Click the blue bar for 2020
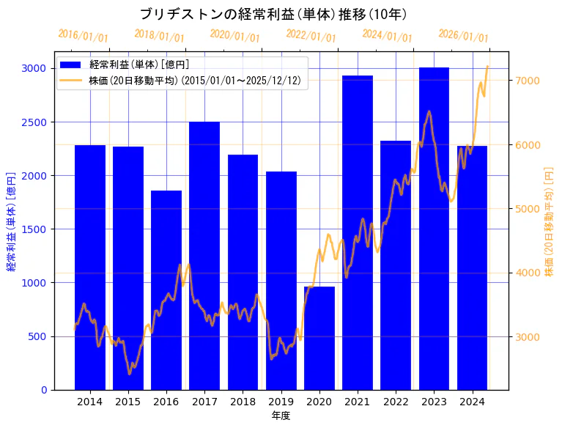click(319, 338)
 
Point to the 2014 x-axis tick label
click(90, 401)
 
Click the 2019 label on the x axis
click(281, 401)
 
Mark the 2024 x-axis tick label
click(472, 401)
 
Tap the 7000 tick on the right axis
click(528, 81)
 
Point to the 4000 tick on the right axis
click(528, 273)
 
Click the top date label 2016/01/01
click(83, 36)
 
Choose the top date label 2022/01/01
click(311, 36)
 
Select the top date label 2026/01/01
click(463, 36)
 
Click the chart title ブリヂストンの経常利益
click(273, 14)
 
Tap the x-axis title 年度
click(281, 416)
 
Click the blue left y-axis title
click(11, 221)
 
